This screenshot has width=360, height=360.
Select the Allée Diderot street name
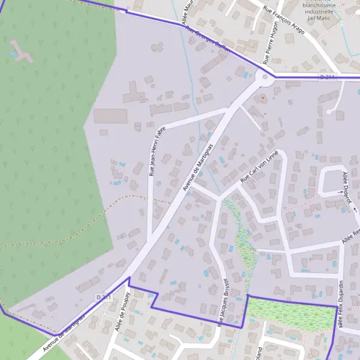coord(346,185)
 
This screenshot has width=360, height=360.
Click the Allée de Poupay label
coord(123,316)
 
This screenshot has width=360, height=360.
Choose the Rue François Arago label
coord(284,19)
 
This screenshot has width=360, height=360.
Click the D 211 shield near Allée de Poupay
coord(103,297)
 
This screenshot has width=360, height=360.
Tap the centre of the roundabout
coord(264,77)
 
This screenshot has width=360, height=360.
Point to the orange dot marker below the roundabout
coord(262,97)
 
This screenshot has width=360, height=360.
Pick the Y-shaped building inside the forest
coord(22,53)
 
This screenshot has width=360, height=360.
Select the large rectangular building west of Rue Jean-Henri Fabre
coord(110,116)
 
